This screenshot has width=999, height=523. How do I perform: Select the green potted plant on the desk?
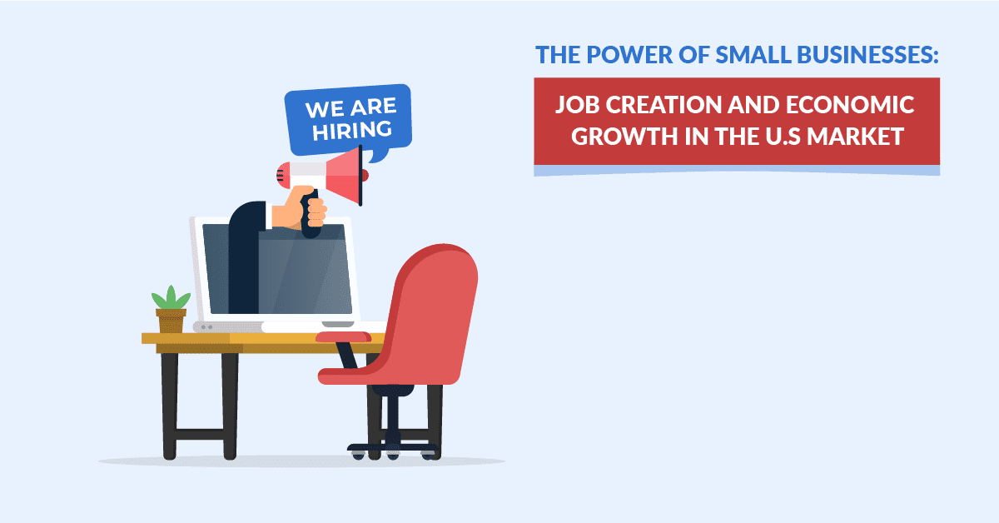coord(171,298)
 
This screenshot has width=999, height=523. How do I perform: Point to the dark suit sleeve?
coord(245,250)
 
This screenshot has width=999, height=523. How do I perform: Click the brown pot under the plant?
coord(171,321)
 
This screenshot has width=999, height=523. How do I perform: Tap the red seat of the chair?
coord(366,376)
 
